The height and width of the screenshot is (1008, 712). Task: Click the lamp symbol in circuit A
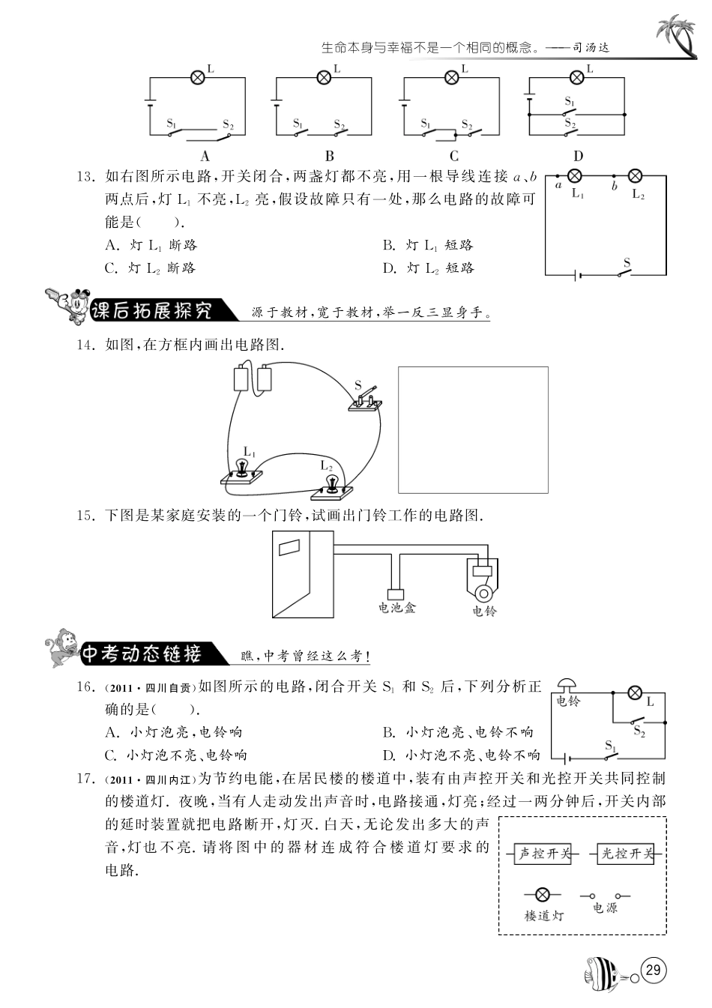click(198, 77)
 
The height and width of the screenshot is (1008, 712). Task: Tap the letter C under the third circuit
click(453, 157)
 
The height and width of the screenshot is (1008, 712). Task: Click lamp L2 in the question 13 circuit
click(634, 177)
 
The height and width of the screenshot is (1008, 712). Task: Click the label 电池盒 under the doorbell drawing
click(397, 608)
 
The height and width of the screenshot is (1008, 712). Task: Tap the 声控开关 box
click(545, 854)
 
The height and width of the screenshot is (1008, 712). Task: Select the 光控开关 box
click(627, 854)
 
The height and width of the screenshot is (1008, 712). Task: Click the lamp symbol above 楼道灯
click(542, 894)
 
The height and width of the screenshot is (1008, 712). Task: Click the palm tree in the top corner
click(675, 37)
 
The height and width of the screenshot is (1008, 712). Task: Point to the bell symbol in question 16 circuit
click(567, 684)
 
